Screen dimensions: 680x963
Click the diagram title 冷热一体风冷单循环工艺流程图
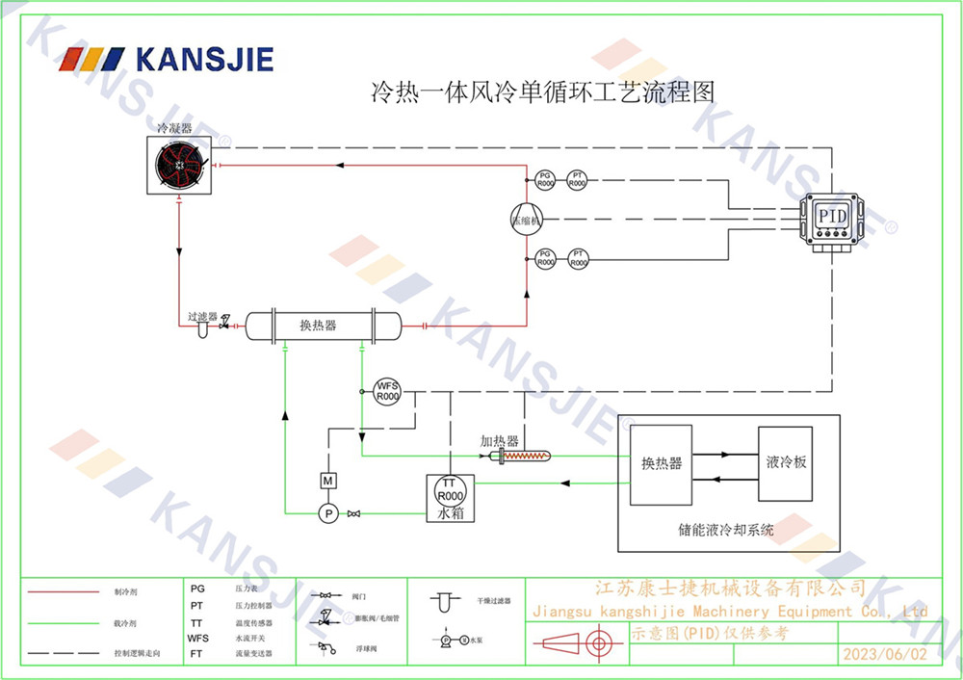[544, 92]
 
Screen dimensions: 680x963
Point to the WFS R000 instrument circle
[387, 391]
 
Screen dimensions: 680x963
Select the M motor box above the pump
[327, 480]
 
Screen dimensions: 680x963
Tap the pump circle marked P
[327, 513]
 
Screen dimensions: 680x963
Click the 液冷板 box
[786, 463]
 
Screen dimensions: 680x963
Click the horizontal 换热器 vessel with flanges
[322, 326]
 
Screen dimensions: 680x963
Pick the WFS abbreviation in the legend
[197, 638]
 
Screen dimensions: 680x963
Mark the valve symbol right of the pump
[354, 513]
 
